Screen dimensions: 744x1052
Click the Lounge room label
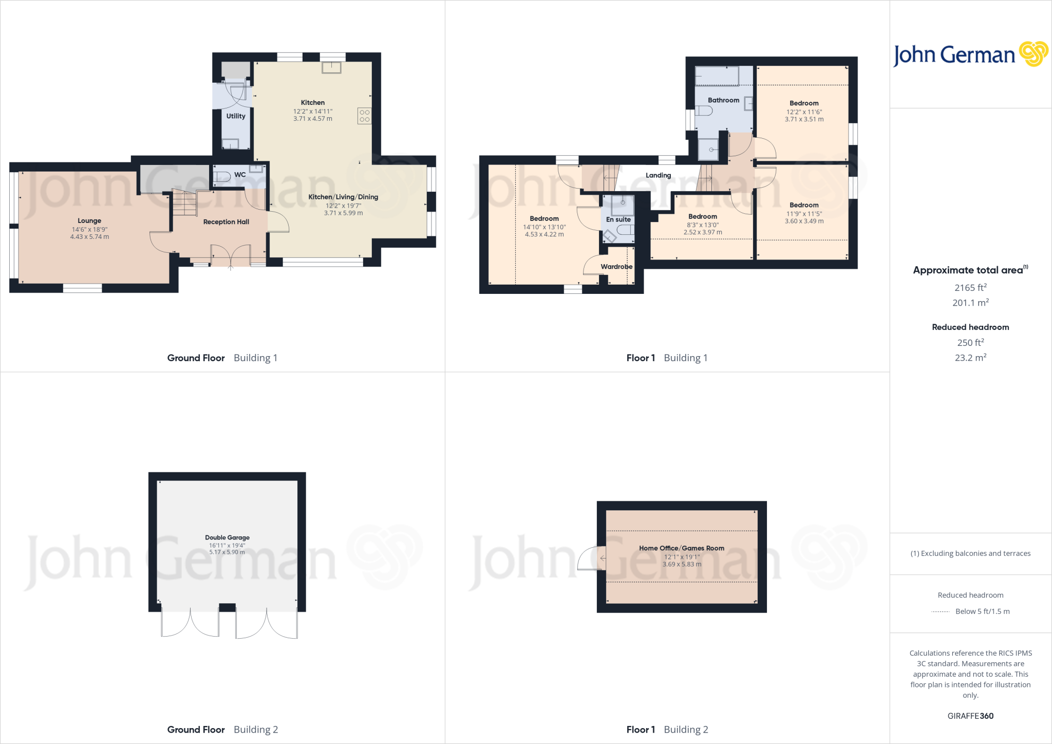(x=89, y=221)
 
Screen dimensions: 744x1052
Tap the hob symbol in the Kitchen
(x=364, y=116)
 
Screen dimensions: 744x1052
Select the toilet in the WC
(x=222, y=177)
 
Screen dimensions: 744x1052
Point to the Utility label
(x=236, y=116)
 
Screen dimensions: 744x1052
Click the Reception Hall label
(x=226, y=222)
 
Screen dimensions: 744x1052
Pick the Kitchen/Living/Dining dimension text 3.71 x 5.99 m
(x=343, y=213)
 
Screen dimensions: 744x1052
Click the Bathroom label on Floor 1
(x=723, y=100)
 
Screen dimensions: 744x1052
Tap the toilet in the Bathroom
(x=704, y=110)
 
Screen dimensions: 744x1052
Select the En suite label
(x=618, y=219)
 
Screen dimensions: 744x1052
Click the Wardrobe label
(x=616, y=267)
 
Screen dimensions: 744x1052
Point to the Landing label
(x=658, y=175)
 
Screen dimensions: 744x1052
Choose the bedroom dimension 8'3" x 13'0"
(x=703, y=225)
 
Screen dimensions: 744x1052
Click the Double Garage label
(x=227, y=537)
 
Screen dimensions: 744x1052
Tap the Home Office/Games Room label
(x=682, y=548)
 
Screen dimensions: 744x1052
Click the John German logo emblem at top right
(x=1033, y=54)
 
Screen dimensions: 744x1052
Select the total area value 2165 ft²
(x=970, y=288)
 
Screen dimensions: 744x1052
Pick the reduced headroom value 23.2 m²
(x=970, y=358)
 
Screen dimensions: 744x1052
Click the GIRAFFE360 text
(x=970, y=716)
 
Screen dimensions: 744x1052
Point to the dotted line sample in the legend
(x=940, y=611)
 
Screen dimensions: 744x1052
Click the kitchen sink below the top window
(x=331, y=67)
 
